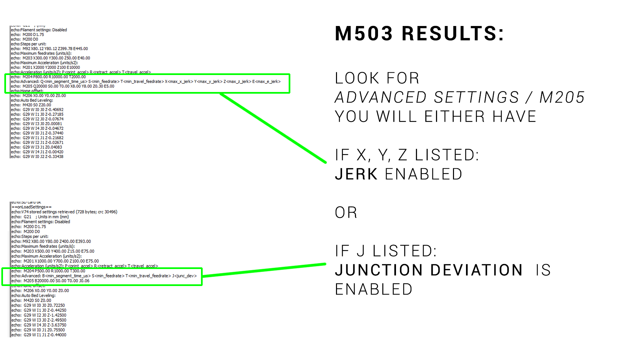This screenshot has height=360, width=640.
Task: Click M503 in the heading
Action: click(x=364, y=34)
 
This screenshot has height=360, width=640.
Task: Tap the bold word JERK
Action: click(x=356, y=174)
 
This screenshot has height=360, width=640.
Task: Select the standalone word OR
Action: click(x=346, y=213)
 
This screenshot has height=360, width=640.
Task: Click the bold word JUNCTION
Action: click(x=379, y=270)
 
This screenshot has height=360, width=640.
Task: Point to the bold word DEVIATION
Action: click(x=476, y=270)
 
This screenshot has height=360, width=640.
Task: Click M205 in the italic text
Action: click(x=562, y=97)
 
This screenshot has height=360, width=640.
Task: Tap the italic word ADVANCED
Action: click(x=381, y=97)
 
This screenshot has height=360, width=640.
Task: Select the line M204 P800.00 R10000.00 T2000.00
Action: click(x=48, y=77)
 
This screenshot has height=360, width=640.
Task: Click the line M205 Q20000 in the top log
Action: click(x=63, y=86)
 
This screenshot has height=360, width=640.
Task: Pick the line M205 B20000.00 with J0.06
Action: click(x=51, y=281)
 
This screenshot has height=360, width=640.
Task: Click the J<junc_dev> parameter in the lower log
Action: click(x=184, y=276)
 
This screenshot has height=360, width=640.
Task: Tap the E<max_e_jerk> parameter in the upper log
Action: click(x=266, y=82)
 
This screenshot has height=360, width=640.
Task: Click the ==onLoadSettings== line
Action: click(x=32, y=207)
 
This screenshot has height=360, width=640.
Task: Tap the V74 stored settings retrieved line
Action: click(x=64, y=212)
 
